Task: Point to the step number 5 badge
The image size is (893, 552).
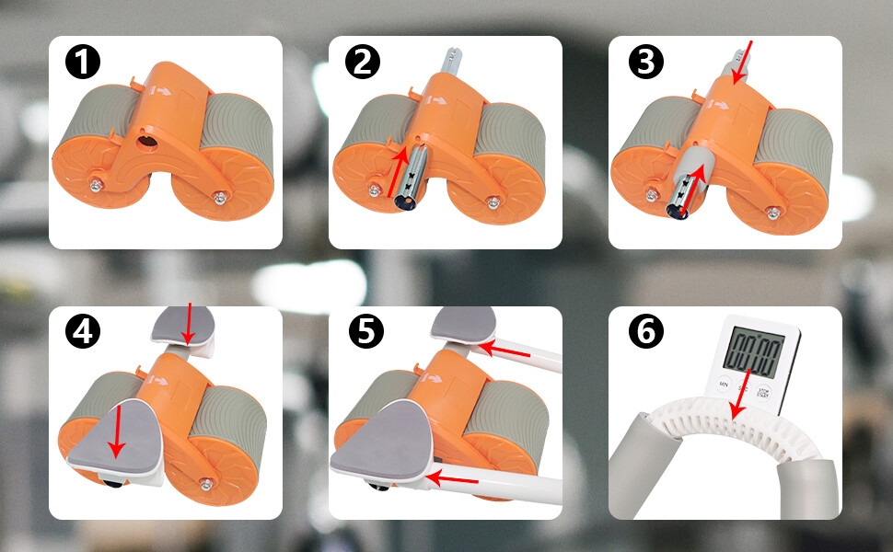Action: [x=365, y=332]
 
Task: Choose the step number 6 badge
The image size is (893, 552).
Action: [x=644, y=332]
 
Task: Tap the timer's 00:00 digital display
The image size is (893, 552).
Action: [x=752, y=350]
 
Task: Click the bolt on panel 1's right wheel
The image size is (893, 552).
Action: [x=219, y=195]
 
